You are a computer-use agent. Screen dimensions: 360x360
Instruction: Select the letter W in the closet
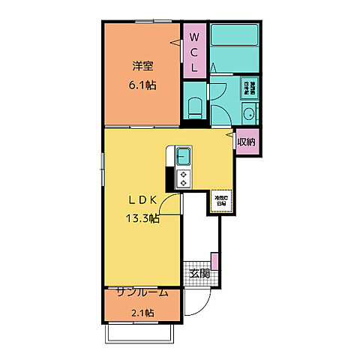(193, 37)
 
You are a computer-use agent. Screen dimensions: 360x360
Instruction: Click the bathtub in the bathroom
(233, 46)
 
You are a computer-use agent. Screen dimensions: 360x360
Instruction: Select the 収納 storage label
(247, 141)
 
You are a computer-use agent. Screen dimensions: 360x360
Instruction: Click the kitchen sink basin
(184, 157)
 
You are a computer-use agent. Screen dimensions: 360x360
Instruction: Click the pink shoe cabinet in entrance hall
(214, 262)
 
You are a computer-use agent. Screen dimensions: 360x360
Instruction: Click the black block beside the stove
(169, 180)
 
